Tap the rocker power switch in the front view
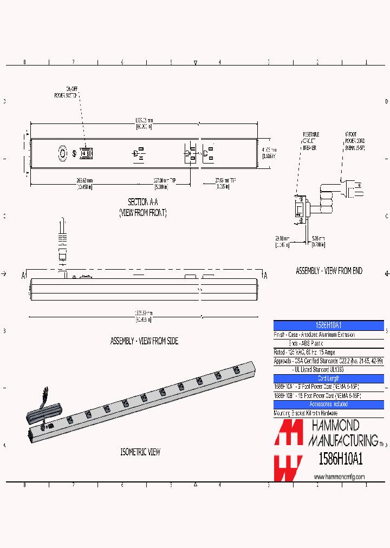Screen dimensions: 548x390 pos(85,153)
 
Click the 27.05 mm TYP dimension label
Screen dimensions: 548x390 pos(214,184)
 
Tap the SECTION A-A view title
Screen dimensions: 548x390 pos(143,207)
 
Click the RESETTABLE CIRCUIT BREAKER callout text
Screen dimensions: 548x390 pos(310,140)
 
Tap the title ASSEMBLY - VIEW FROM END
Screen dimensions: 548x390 pos(329,271)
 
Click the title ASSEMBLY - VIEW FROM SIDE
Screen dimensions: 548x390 pos(144,341)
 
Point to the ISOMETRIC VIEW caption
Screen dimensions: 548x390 pos(140,452)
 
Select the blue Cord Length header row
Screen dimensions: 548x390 pos(329,379)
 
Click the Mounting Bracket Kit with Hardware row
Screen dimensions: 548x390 pos(306,413)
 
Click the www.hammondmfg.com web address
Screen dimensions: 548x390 pos(339,477)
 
